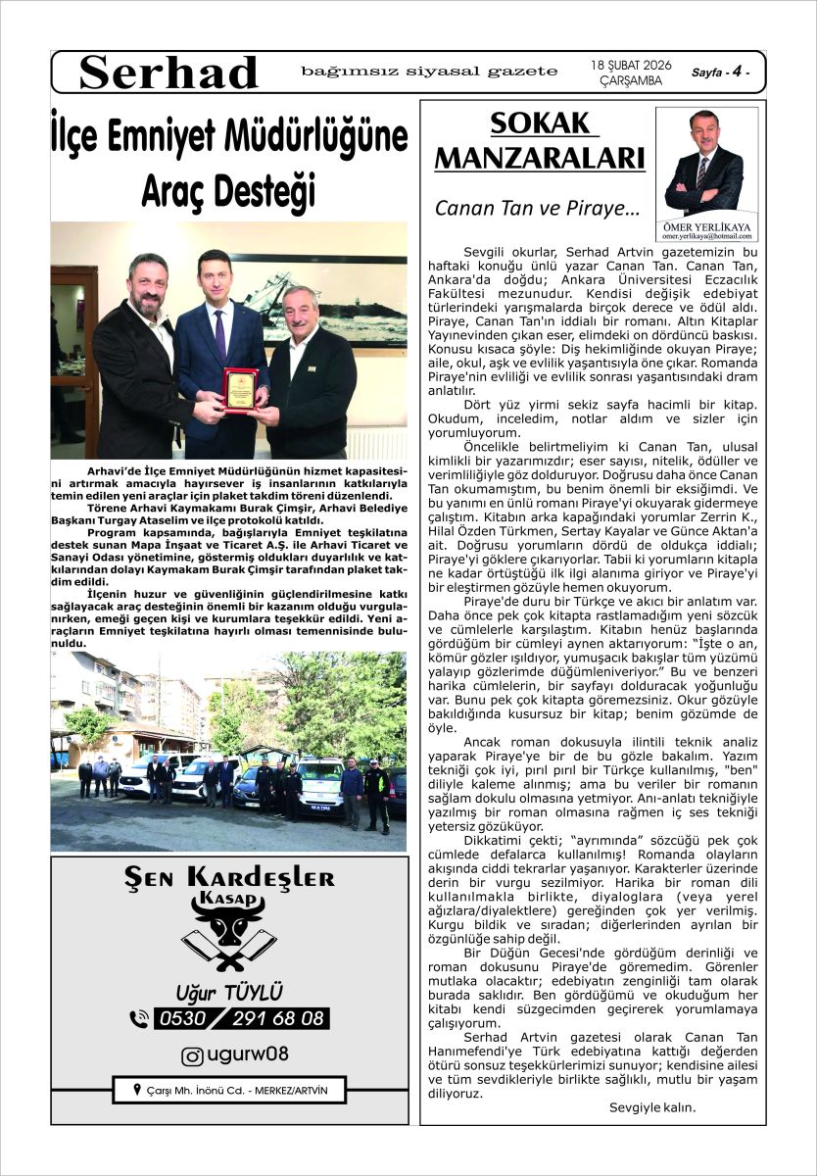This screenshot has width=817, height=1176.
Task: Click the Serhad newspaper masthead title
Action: (168, 73)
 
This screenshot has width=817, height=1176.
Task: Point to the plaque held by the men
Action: (239, 388)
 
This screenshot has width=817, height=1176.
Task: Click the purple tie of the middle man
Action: (220, 333)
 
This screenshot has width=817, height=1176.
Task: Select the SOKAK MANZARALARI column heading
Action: (540, 141)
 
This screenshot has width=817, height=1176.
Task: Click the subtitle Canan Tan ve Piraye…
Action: (537, 209)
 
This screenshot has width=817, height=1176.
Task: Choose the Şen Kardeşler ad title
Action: (229, 878)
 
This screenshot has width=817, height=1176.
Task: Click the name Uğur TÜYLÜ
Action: (229, 993)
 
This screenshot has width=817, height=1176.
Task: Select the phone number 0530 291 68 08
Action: (240, 1019)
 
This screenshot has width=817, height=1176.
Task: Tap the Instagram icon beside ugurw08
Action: (193, 1056)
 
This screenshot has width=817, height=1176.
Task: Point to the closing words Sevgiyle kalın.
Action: (651, 1107)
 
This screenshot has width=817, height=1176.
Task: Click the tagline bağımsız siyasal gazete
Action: (429, 72)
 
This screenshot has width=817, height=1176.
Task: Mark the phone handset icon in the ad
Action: (139, 1019)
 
